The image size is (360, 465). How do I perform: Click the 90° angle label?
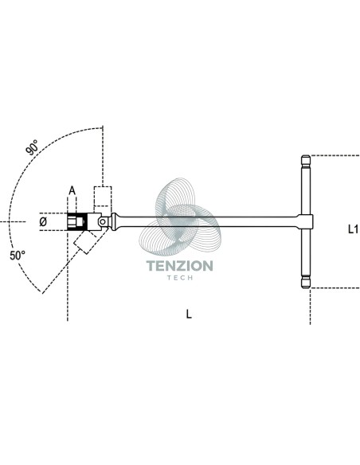[x=32, y=147]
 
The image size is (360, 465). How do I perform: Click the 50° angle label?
[x=18, y=256]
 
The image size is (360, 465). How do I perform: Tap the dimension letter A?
[x=72, y=190]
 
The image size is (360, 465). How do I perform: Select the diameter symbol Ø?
[x=43, y=221]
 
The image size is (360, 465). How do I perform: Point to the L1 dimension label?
[x=353, y=229]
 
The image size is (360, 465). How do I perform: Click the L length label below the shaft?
[x=189, y=314]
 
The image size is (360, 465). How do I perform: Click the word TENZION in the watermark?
[x=180, y=266]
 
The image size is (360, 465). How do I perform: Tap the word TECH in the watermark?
[x=180, y=278]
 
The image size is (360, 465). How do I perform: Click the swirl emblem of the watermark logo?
[x=180, y=217]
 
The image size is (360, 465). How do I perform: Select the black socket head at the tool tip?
[x=77, y=221]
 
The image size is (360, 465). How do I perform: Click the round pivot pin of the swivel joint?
[x=103, y=221]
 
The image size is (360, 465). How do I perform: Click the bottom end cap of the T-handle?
[x=306, y=283]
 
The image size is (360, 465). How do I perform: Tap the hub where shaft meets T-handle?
[x=306, y=221]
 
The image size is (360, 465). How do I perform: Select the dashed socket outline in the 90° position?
[x=103, y=197]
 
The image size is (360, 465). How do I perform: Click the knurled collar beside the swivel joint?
[x=113, y=221]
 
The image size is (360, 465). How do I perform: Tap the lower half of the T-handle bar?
[x=306, y=253]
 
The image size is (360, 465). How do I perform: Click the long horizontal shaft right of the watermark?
[x=258, y=222]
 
